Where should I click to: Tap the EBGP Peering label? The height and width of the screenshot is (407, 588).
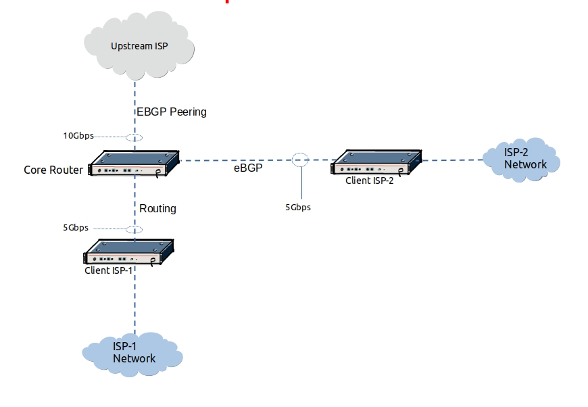click(172, 112)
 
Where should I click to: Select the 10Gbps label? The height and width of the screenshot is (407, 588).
click(78, 136)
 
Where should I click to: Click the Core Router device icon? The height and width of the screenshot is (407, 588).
click(135, 164)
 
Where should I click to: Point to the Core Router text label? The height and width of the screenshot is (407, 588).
click(53, 170)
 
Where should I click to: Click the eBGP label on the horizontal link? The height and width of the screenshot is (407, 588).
click(247, 168)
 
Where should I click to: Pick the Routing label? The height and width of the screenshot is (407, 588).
click(157, 208)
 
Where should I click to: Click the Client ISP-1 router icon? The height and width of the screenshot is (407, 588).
click(128, 252)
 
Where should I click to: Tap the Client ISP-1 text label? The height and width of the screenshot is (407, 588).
click(108, 270)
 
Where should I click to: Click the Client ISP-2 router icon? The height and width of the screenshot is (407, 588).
click(376, 163)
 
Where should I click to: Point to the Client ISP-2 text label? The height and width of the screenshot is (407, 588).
click(369, 181)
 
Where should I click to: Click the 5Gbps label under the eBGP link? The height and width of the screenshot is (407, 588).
click(298, 208)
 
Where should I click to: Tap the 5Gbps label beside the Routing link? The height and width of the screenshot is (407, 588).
click(76, 228)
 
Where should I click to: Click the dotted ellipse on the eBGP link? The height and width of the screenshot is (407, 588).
click(300, 160)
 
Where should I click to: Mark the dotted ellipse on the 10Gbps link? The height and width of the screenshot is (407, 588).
click(135, 138)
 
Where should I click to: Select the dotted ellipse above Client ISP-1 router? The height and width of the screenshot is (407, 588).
click(135, 229)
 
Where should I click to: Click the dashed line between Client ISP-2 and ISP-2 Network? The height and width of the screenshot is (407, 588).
click(451, 160)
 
